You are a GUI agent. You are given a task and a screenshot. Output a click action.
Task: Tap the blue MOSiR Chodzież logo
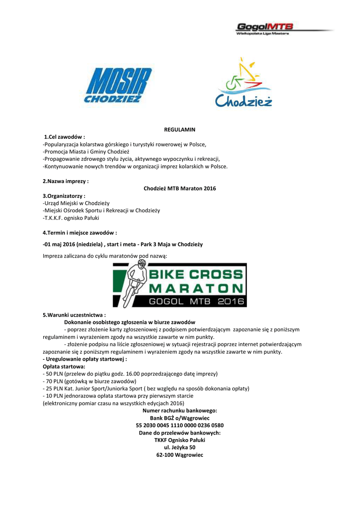113,85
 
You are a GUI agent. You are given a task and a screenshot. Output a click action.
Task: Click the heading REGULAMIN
180,129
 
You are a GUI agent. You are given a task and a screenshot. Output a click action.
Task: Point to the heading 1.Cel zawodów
65,137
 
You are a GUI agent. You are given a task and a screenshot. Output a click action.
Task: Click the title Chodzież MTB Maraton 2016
180,189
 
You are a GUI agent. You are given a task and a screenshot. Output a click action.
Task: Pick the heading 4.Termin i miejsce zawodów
80,233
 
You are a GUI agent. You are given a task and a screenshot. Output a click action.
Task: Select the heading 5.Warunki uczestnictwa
74,315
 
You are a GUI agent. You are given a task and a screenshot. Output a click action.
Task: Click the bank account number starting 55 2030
180,426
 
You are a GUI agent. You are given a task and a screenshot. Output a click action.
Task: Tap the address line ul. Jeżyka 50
180,447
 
